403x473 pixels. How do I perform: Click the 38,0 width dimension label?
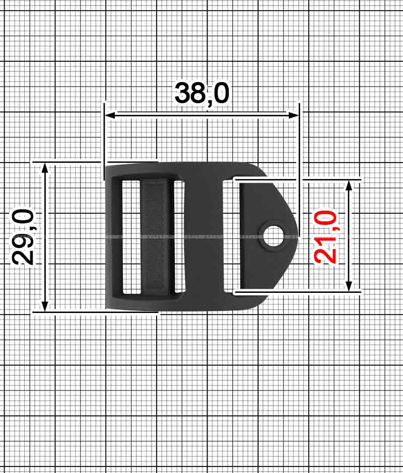[x=202, y=93]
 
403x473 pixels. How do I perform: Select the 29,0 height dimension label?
[x=23, y=236]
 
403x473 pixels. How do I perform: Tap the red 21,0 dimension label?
[x=325, y=236]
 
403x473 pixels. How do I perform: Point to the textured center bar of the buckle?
[x=157, y=235]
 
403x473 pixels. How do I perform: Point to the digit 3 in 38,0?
[x=183, y=93]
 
